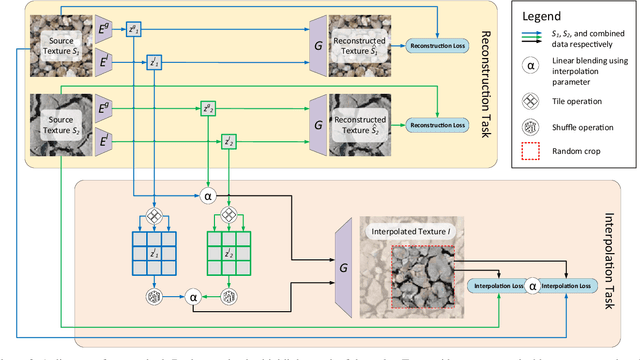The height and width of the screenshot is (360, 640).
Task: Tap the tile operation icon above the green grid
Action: (227, 214)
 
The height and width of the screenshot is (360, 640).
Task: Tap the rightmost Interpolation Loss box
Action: (573, 286)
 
